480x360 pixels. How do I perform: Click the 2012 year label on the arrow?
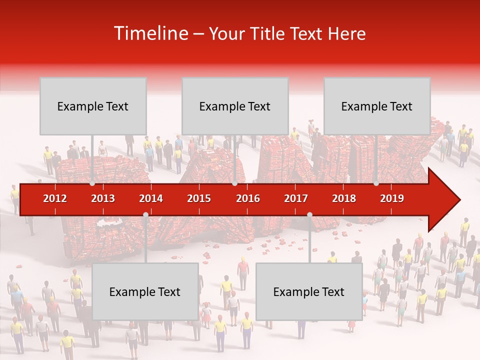coord(55,198)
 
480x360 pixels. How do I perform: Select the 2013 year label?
coord(103,198)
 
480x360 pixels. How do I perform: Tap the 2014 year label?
coord(151,198)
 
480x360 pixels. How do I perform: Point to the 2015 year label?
coord(199,198)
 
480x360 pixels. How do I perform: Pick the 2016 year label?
coord(248,198)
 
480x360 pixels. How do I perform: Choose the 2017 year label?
coord(296,198)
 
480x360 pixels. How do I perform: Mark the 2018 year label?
coord(344,198)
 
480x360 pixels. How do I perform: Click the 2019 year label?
coord(392,198)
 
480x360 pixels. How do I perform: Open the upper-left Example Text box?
coord(93,106)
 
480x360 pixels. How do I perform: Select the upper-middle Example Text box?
coord(235,106)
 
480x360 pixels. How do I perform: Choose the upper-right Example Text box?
coord(377,106)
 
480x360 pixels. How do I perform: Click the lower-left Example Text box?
coord(145,291)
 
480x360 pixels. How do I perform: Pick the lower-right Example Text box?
coord(309,291)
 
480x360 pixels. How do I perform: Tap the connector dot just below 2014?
coord(145,215)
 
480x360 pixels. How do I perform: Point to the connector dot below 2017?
coord(309,215)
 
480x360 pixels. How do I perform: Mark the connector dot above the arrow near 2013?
coord(92,183)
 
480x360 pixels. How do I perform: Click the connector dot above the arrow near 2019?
coord(376,183)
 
